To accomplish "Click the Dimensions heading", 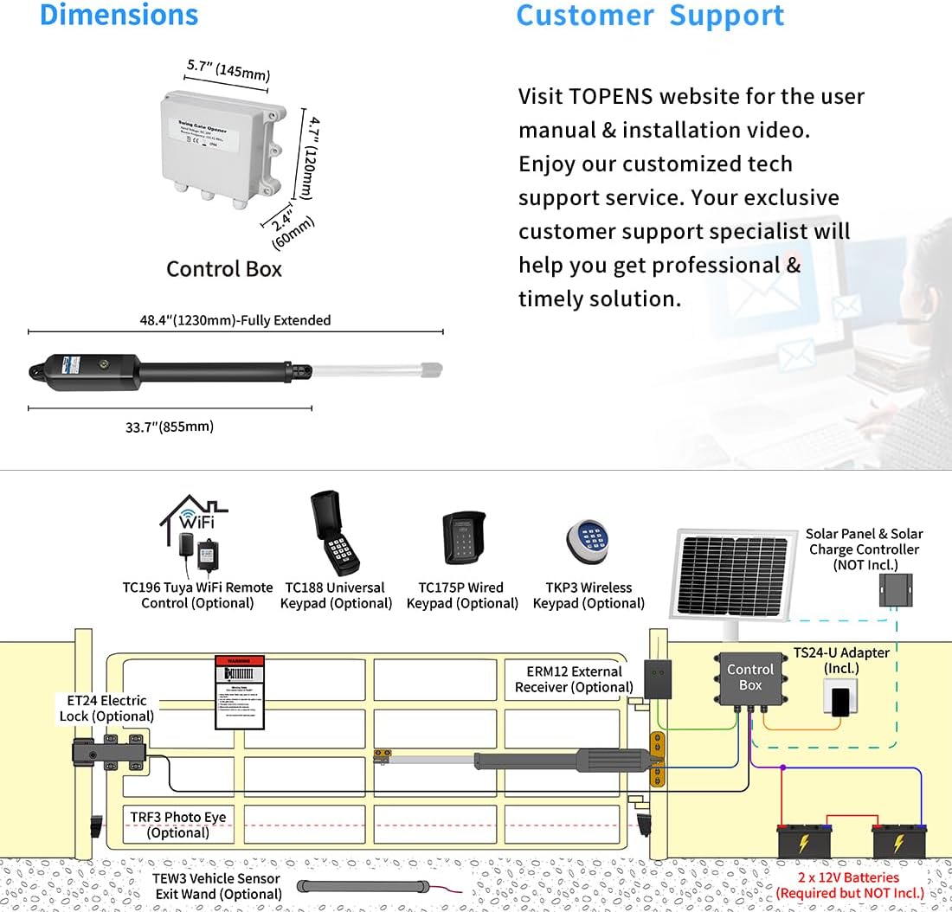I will click(119, 16).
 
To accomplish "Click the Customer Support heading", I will click(650, 16).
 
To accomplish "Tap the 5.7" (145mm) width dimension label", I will click(228, 71).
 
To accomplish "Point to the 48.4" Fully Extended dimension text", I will click(235, 320).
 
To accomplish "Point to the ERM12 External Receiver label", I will click(575, 679).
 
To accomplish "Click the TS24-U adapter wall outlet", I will click(839, 699).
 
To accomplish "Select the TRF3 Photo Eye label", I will click(178, 825).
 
